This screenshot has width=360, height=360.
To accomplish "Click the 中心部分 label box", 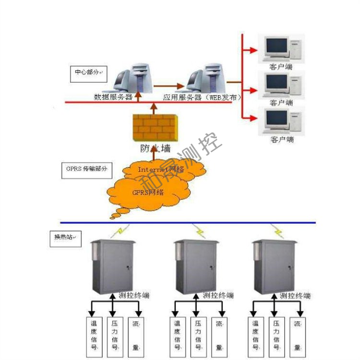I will point(88,73).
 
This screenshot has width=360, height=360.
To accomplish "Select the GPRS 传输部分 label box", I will point(87,170).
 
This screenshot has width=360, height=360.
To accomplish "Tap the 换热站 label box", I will point(66,239).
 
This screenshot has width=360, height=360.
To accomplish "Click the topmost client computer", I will point(282,50).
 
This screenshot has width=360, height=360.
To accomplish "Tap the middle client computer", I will point(282,85).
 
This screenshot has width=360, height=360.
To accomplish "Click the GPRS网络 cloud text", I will point(148,192).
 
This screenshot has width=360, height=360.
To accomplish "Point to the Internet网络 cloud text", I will point(161,169).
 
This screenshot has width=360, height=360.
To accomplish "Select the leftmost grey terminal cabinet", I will point(112,267).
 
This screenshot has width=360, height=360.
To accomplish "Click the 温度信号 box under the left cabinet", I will point(94,337).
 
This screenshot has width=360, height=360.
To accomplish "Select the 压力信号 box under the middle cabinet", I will point(198,337).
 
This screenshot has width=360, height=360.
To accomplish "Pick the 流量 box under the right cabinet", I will point(298,337).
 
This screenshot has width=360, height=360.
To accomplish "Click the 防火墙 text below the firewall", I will point(155,149).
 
